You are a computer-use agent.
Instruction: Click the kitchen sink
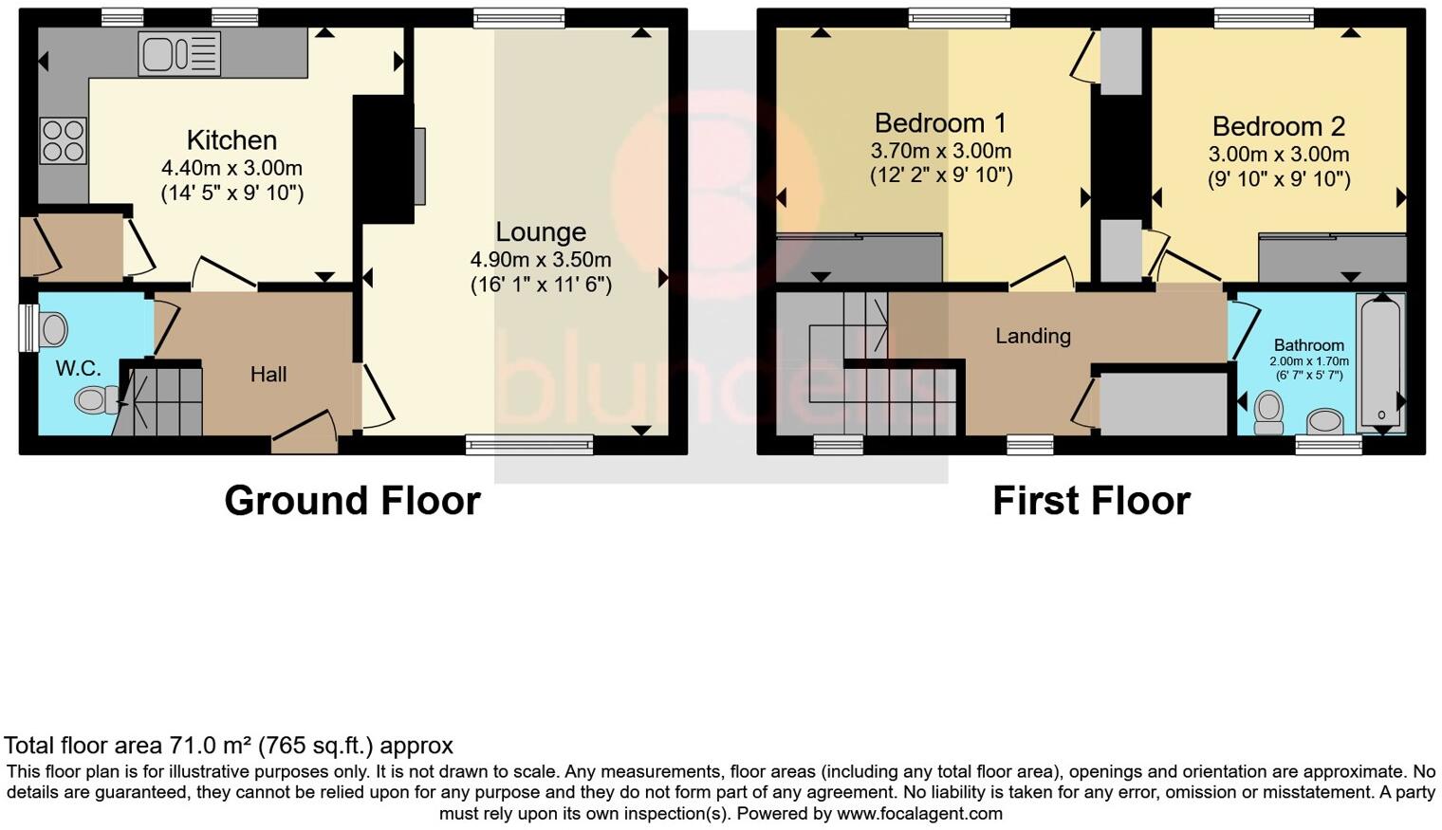coord(179,53)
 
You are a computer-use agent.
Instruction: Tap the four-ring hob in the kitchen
coord(64,140)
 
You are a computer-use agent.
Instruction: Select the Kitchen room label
coord(231,140)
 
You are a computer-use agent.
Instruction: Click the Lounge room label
coord(541,232)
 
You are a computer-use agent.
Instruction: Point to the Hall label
coord(268,375)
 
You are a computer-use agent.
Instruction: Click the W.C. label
coord(78,369)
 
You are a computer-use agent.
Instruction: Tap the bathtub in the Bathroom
coord(1381,361)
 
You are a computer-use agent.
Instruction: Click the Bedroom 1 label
coord(940,123)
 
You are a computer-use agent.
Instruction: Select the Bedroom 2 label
coord(1278,127)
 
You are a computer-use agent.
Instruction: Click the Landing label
coord(1032,336)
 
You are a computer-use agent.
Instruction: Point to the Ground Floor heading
coord(352,501)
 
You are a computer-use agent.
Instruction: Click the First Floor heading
coord(1091,501)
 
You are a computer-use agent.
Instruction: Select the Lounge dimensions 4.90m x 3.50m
coord(541,260)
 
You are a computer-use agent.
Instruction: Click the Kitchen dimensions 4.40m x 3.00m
coord(231,169)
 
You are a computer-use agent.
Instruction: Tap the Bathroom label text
coord(1308,345)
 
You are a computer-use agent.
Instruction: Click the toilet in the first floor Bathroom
coord(1267,412)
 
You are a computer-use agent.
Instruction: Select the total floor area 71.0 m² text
coord(229,746)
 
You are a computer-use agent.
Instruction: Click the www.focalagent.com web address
coord(919,814)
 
